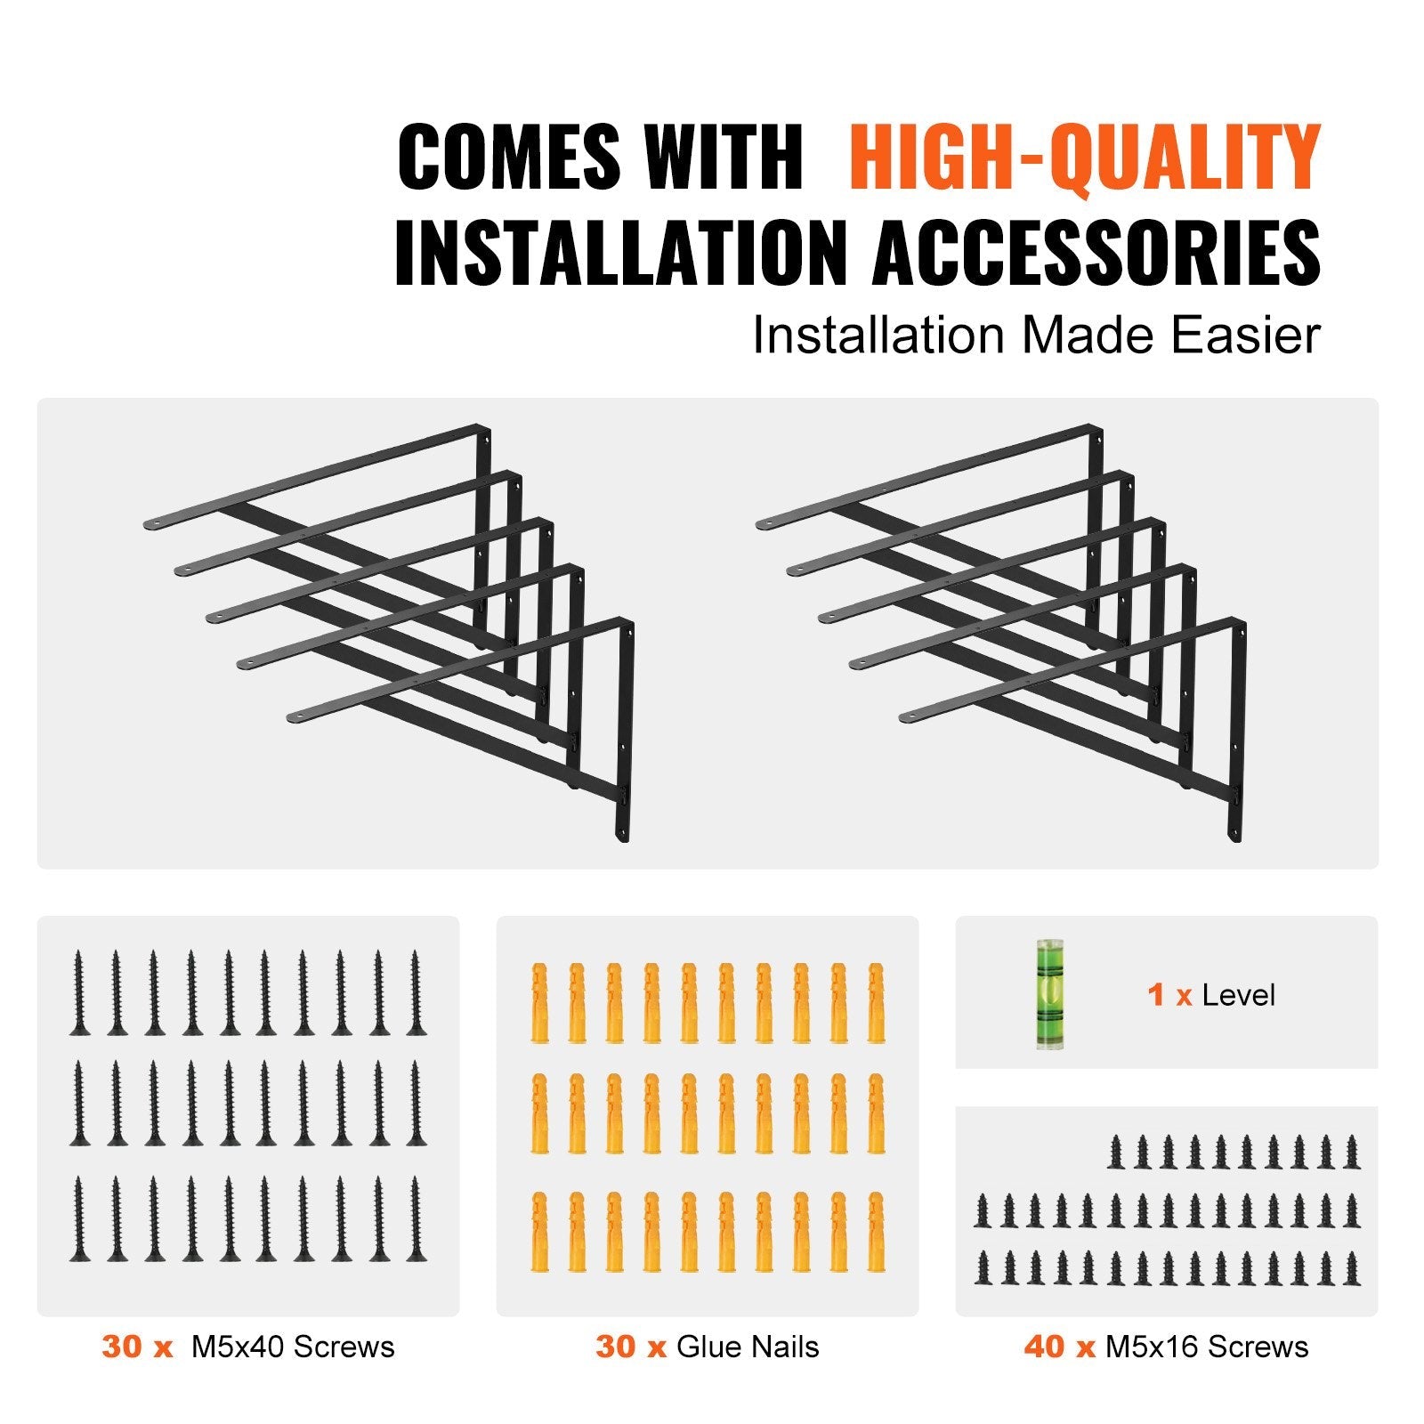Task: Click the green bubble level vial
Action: pyautogui.click(x=1050, y=993)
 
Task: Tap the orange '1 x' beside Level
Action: pyautogui.click(x=1169, y=995)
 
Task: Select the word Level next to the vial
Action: pyautogui.click(x=1238, y=995)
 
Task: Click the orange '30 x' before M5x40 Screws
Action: pyautogui.click(x=137, y=1347)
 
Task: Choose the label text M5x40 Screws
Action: pyautogui.click(x=293, y=1347)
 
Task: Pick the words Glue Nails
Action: pyautogui.click(x=748, y=1347)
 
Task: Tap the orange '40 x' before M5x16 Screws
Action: pyautogui.click(x=1059, y=1347)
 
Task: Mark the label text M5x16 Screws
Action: pyautogui.click(x=1207, y=1347)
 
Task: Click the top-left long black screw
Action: pyautogui.click(x=79, y=992)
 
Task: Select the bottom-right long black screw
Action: pyautogui.click(x=415, y=1218)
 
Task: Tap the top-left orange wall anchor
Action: pyautogui.click(x=538, y=1001)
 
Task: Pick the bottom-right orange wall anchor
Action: pyautogui.click(x=875, y=1232)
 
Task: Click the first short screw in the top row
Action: pyautogui.click(x=1116, y=1152)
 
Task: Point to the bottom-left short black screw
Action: pyautogui.click(x=983, y=1267)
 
